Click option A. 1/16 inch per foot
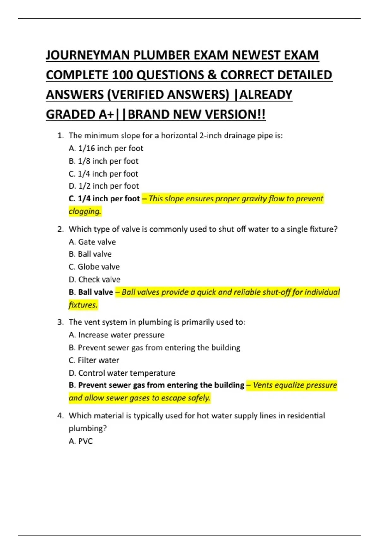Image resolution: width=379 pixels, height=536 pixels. click(106, 148)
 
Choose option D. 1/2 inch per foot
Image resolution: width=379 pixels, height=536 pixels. click(104, 186)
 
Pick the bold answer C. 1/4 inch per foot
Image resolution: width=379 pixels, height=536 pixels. click(104, 199)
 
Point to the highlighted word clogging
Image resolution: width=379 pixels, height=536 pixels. click(85, 211)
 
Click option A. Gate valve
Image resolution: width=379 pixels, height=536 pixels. click(92, 242)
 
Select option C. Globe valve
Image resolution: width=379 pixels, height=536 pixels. click(94, 267)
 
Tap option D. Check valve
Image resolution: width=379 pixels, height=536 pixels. click(94, 279)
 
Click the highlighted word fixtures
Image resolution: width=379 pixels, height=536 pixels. click(83, 305)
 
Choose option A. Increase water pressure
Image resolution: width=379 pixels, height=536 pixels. click(117, 335)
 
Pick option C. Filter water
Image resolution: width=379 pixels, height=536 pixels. click(94, 360)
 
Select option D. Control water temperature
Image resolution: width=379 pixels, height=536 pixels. click(122, 373)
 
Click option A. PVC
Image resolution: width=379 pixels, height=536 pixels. click(81, 441)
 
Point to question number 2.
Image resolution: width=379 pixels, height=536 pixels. click(60, 229)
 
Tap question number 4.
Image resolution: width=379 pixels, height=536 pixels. click(60, 416)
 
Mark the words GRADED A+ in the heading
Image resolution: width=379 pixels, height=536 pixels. click(80, 114)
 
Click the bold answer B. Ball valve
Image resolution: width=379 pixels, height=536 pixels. click(91, 292)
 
